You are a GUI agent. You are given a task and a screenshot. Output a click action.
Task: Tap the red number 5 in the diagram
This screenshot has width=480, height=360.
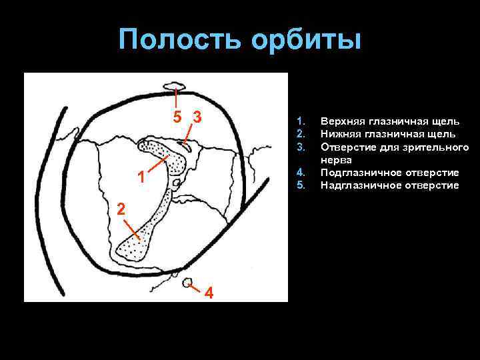pyautogui.click(x=176, y=117)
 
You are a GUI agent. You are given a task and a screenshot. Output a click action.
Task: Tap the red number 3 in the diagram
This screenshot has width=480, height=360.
pyautogui.click(x=197, y=117)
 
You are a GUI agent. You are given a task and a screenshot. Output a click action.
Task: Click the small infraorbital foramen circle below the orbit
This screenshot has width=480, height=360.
pyautogui.click(x=188, y=282)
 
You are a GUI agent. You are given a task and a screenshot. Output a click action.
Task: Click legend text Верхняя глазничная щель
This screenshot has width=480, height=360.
pyautogui.click(x=389, y=121)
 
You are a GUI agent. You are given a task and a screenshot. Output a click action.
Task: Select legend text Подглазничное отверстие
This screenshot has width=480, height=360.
pyautogui.click(x=389, y=172)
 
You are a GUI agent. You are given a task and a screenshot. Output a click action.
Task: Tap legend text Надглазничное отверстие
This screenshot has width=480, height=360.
pyautogui.click(x=389, y=185)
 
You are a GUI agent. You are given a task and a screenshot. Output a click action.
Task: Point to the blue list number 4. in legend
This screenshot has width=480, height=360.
pyautogui.click(x=300, y=172)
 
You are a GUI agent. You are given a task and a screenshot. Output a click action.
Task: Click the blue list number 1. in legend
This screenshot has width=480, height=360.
pyautogui.click(x=300, y=121)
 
